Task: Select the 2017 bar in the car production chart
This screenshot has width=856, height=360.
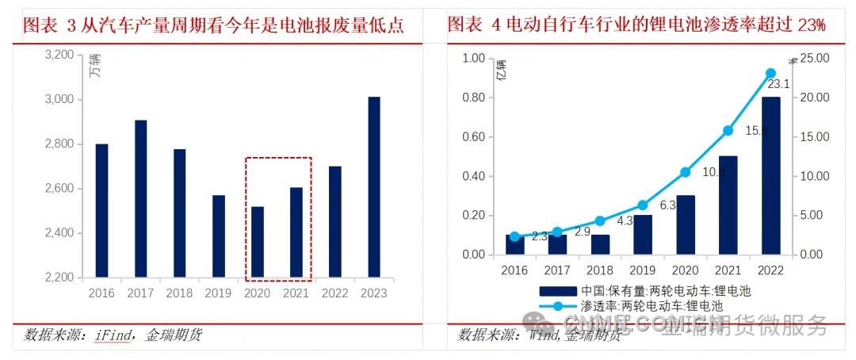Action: click(139, 199)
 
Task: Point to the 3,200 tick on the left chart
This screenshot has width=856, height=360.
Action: click(60, 56)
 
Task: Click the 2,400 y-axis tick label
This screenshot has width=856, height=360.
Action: click(60, 233)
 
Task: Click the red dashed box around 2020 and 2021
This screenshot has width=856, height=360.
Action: click(278, 159)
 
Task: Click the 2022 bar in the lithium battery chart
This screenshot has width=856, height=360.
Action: click(770, 175)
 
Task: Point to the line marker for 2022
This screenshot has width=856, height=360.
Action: click(770, 73)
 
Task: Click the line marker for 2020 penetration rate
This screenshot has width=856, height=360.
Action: click(686, 172)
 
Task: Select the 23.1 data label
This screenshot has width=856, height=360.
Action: click(778, 84)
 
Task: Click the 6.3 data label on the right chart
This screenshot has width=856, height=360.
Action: click(668, 205)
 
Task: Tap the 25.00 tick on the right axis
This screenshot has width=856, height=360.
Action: click(814, 58)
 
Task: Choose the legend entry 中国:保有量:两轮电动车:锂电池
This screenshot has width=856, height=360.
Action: click(643, 290)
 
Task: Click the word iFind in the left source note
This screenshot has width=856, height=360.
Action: click(115, 335)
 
